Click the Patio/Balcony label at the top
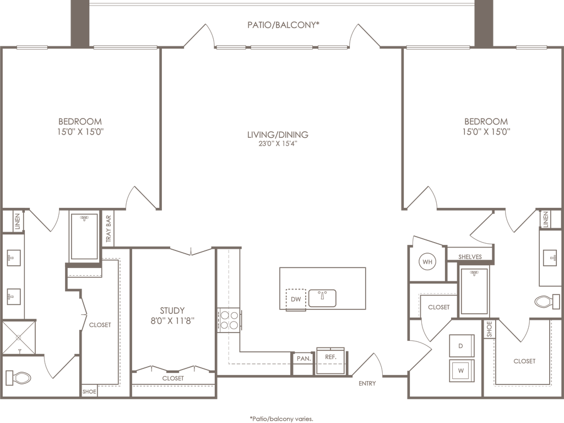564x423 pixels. [x=284, y=25]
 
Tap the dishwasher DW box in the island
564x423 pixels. [x=296, y=298]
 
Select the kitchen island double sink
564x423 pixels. [x=323, y=297]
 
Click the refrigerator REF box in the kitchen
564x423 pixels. [x=330, y=357]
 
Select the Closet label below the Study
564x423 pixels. [x=172, y=379]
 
